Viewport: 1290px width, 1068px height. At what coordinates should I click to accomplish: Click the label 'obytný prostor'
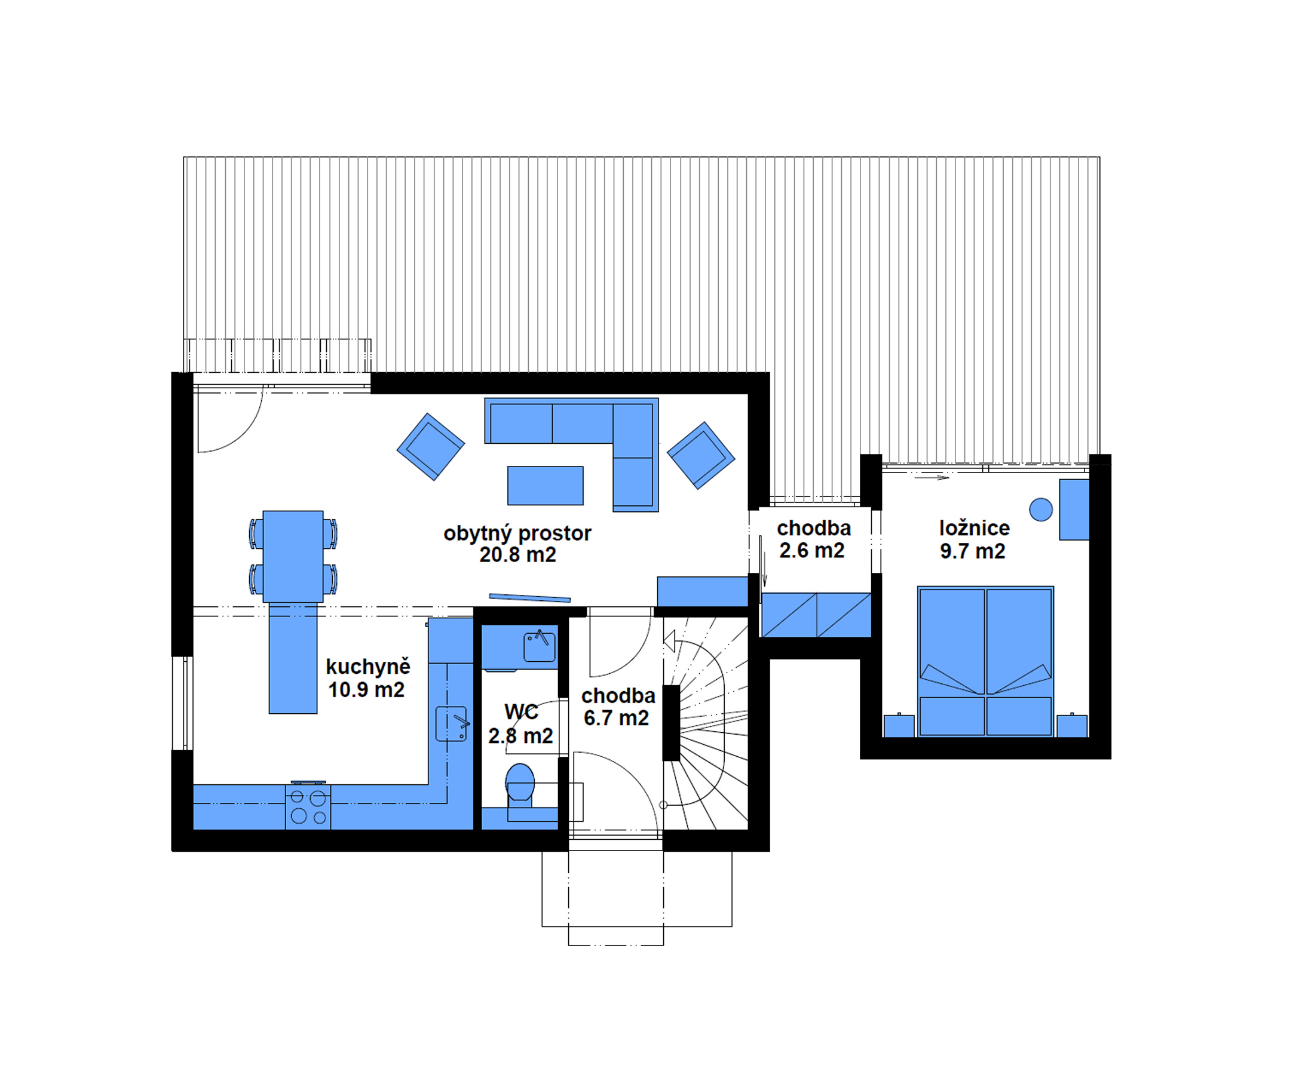517,533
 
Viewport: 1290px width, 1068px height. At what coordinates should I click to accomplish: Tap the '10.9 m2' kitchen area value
366,690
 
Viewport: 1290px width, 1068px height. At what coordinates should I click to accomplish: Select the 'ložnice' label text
975,528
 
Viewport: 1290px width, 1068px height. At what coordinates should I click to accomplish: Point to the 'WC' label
521,712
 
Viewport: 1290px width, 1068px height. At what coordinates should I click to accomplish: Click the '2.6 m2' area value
811,551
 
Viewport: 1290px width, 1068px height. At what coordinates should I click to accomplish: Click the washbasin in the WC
539,647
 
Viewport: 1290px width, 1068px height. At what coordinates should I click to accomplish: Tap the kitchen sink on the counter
451,724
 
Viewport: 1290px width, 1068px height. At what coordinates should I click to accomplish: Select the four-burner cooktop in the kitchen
308,807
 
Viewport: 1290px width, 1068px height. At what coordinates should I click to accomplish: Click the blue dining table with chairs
293,557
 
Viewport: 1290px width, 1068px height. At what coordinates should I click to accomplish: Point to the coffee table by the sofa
545,486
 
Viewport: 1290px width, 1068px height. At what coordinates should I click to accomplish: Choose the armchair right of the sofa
700,456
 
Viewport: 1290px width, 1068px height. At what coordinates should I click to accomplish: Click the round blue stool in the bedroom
1041,509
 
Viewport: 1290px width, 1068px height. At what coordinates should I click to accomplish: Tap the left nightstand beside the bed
899,726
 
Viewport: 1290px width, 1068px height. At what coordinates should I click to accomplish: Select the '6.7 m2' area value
615,718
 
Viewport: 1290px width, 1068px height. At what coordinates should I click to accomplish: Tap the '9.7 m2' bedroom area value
972,551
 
